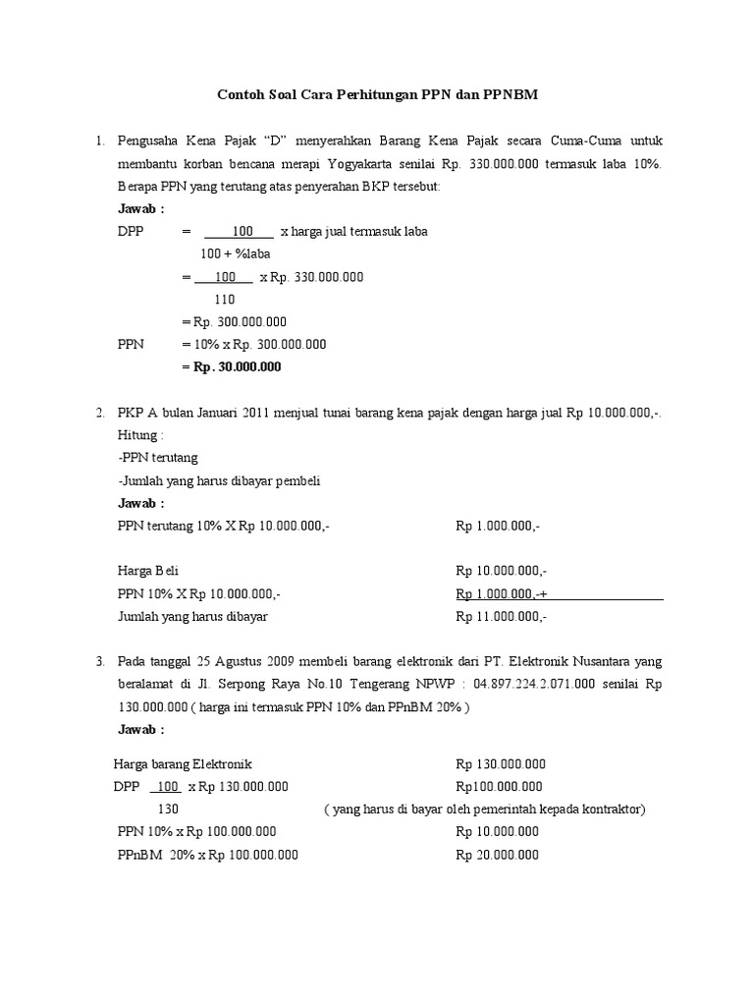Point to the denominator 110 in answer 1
click(x=225, y=300)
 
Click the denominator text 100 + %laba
click(x=235, y=253)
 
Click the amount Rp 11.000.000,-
click(x=502, y=616)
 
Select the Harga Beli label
click(x=147, y=571)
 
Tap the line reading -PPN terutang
click(x=157, y=458)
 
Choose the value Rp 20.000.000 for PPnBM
click(x=498, y=855)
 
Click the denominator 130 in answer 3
click(x=169, y=810)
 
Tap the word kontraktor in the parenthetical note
click(x=611, y=810)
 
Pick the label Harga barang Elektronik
click(x=183, y=764)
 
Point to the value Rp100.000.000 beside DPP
click(x=499, y=787)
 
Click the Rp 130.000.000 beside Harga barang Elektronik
click(x=501, y=764)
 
